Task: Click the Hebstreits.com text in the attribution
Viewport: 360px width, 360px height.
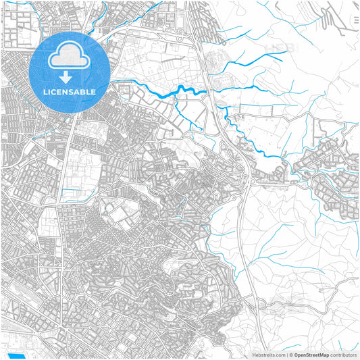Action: point(269,354)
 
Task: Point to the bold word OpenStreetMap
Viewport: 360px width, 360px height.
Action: point(311,354)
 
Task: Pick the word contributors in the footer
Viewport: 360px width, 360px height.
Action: point(343,354)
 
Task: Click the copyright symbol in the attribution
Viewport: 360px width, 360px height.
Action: point(290,354)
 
